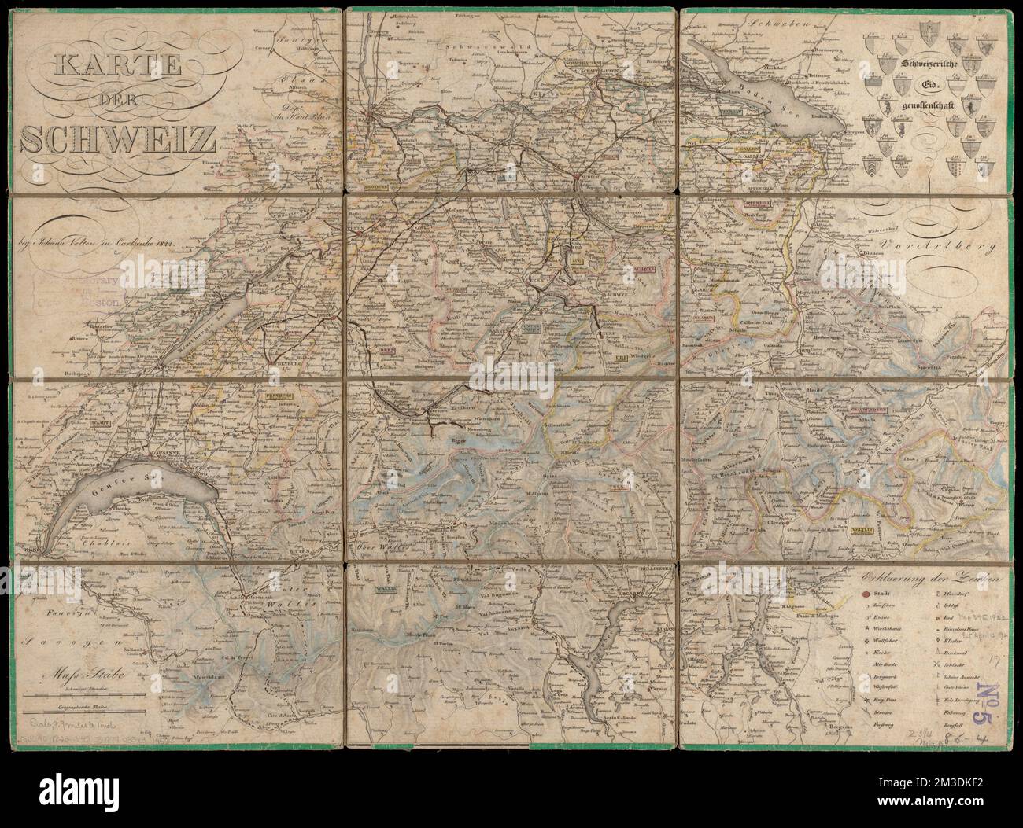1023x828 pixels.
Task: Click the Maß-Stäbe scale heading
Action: tap(83, 674)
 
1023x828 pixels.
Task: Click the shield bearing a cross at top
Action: tap(931, 34)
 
